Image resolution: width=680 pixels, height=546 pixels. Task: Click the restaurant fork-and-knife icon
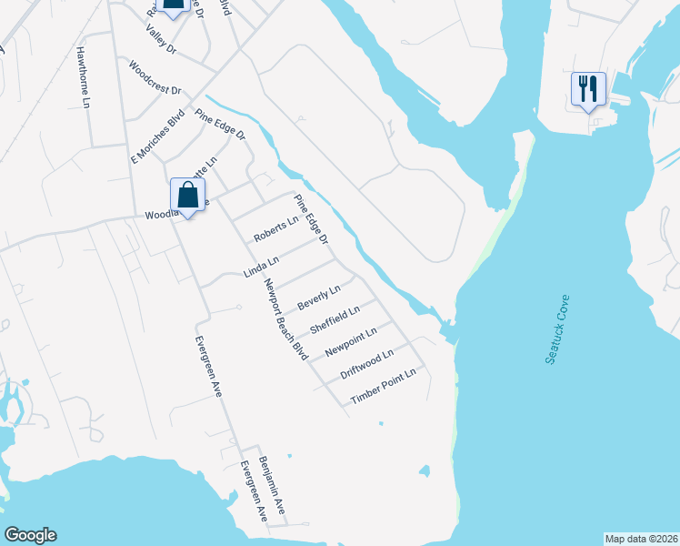587,89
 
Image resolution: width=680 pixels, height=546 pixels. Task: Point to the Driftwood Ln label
366,365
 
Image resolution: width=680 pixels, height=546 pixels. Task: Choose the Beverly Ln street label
319,298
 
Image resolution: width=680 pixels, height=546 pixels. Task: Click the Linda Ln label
261,267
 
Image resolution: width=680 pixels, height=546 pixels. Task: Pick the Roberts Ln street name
276,228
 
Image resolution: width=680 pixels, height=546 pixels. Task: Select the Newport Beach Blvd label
284,318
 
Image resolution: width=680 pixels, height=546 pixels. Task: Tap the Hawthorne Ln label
84,78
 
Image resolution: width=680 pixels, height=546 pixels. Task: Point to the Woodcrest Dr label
155,79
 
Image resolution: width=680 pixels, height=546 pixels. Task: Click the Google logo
30,535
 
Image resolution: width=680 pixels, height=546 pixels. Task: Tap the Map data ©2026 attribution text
640,539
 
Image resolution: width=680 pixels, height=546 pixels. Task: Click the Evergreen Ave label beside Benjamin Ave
252,491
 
